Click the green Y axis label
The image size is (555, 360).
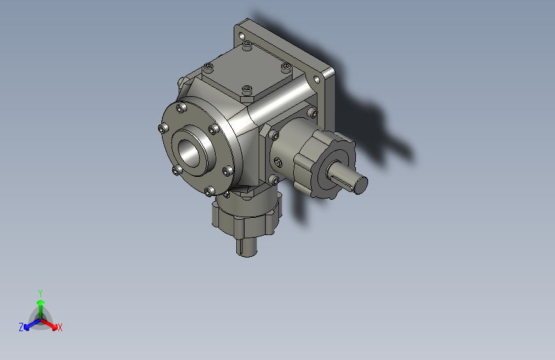tap(40, 291)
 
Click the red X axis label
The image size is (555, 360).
tap(60, 327)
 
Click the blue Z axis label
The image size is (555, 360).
tap(21, 327)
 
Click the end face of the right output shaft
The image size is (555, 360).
tap(362, 184)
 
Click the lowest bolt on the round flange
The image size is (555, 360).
tap(210, 191)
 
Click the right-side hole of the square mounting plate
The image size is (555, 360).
tap(317, 79)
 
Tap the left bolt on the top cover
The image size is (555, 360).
tap(207, 67)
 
